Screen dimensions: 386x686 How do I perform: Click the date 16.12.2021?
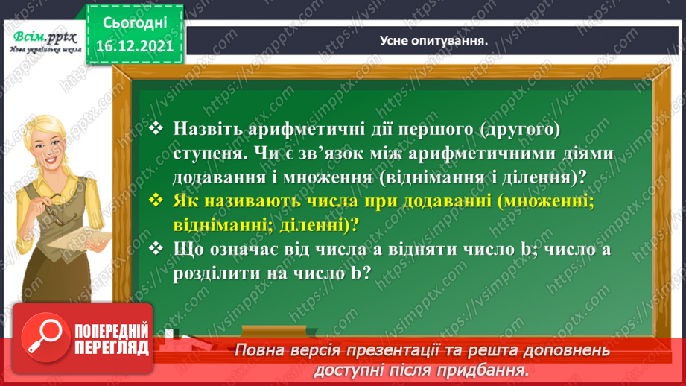(134, 44)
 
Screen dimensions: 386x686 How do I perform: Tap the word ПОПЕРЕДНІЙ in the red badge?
(110, 332)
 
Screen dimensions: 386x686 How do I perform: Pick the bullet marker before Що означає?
(155, 249)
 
